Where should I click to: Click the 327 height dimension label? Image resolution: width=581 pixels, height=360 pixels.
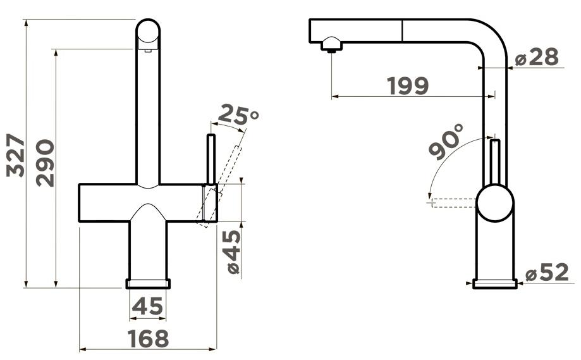pos(16,156)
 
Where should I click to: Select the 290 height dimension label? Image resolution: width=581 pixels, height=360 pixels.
pos(45,163)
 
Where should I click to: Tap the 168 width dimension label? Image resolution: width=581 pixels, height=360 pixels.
pos(148,338)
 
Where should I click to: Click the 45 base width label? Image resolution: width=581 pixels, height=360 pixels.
pos(147,306)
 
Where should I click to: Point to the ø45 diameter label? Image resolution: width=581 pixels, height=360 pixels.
pos(233,252)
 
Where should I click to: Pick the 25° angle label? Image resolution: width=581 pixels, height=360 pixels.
pos(238,115)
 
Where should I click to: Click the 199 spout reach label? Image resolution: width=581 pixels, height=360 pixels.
pos(408,85)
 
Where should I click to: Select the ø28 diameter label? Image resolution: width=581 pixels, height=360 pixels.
pos(537,58)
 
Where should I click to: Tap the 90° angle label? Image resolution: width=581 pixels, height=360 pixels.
pos(446,141)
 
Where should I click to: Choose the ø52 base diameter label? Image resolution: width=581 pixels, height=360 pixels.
pos(547,273)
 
